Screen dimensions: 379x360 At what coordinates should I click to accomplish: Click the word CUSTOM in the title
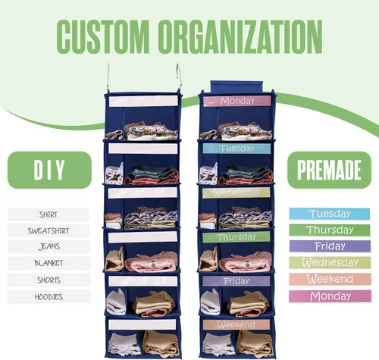(102, 36)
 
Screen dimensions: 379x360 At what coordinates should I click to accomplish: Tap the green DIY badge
(49, 170)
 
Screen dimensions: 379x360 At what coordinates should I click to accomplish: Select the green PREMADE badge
(329, 170)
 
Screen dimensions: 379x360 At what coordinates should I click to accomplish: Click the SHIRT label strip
(49, 214)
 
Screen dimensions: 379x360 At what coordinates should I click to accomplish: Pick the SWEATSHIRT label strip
(49, 230)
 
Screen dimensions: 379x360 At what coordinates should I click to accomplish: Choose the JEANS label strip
(49, 246)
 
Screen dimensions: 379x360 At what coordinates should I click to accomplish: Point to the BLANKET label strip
(49, 263)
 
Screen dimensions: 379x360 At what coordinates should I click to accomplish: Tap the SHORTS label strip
(49, 280)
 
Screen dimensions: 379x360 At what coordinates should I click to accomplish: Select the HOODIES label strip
(49, 297)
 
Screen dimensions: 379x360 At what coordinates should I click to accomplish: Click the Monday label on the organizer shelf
(237, 101)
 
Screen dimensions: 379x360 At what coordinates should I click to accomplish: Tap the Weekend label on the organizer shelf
(236, 324)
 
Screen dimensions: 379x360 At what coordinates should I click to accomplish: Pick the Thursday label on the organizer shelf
(236, 237)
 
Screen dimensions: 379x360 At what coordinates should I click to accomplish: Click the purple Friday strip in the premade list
(330, 246)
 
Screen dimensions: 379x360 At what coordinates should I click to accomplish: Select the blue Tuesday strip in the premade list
(330, 214)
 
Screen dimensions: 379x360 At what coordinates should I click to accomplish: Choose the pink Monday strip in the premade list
(330, 296)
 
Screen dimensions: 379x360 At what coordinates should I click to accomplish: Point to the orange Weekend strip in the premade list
(330, 280)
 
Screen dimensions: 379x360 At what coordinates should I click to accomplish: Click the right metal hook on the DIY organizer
(178, 77)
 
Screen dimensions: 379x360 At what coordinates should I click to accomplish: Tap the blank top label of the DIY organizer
(143, 102)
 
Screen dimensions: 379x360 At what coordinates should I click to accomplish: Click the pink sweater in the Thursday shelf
(246, 262)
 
